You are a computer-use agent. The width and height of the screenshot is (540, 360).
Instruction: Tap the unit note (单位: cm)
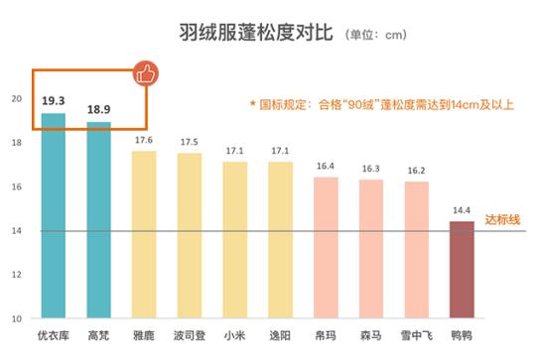click(376, 36)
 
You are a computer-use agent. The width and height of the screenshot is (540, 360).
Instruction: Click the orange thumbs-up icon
click(147, 72)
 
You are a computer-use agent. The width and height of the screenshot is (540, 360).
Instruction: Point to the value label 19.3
click(53, 101)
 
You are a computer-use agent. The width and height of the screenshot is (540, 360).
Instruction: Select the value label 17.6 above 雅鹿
click(144, 140)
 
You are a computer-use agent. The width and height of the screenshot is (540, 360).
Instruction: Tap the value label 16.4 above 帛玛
click(326, 167)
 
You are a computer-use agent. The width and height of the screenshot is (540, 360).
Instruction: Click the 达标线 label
click(502, 219)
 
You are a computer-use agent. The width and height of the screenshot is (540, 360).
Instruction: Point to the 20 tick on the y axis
click(16, 98)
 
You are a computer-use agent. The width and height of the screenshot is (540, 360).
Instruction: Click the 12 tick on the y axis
click(16, 275)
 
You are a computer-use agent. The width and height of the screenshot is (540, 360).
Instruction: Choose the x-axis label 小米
click(234, 335)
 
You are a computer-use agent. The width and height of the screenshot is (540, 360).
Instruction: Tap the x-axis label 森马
click(371, 335)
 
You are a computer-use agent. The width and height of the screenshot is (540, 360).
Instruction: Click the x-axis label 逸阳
click(280, 335)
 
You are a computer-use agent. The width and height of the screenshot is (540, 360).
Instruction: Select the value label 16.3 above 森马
click(371, 169)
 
